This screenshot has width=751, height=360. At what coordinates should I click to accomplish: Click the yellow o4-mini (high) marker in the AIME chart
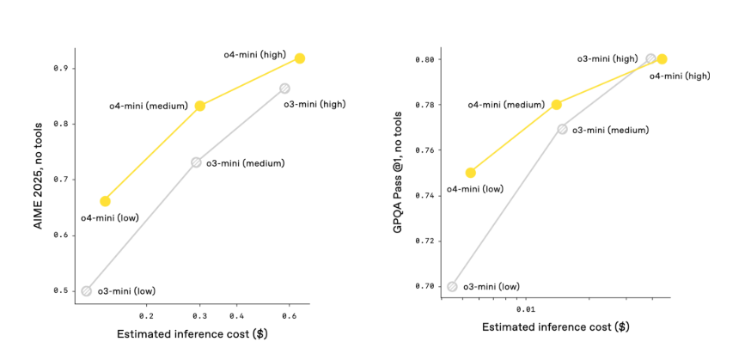[x=299, y=58]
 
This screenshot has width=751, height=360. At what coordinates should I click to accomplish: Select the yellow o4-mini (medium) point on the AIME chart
[x=200, y=106]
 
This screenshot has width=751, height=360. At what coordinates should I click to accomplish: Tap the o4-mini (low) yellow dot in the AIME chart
[x=105, y=201]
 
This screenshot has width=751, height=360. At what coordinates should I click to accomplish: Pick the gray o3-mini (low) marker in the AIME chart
[x=86, y=290]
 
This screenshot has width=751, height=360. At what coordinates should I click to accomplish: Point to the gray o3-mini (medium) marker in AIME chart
[x=196, y=162]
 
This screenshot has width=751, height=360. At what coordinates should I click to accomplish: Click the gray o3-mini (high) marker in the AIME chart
[x=284, y=88]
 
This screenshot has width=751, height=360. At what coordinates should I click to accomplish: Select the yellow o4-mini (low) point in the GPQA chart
[x=470, y=173]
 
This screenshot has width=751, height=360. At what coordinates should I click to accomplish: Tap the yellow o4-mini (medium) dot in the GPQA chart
[x=556, y=105]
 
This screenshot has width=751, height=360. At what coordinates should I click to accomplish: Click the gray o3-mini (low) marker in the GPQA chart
[x=452, y=286]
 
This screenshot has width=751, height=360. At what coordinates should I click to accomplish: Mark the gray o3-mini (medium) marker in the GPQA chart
[x=562, y=129]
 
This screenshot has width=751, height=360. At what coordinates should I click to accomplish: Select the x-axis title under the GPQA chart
[x=555, y=327]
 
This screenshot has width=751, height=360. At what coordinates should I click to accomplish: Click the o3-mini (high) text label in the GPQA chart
[x=607, y=58]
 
